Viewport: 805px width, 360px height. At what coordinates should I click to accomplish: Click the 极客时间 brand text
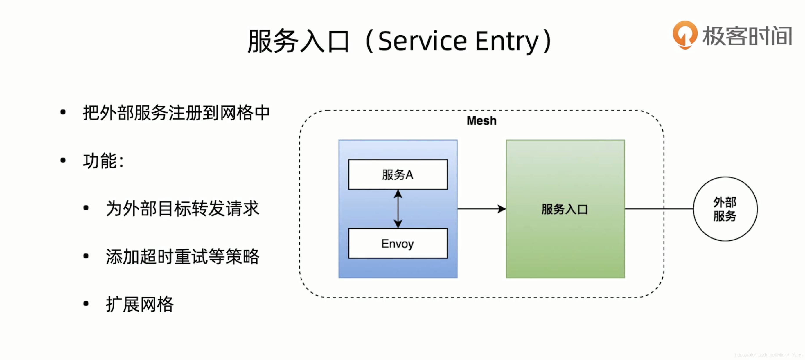tap(747, 36)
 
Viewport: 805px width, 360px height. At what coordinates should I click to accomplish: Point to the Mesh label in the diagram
tap(481, 120)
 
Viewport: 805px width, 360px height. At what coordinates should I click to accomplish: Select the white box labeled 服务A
tap(398, 174)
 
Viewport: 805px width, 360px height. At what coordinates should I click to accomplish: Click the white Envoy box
tap(398, 244)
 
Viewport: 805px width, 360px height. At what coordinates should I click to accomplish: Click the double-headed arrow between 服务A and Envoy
tap(398, 209)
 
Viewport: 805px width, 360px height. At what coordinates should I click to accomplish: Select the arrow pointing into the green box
tap(481, 209)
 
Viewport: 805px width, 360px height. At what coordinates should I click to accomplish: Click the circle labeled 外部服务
tap(725, 209)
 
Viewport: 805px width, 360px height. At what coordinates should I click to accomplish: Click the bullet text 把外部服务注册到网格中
tap(176, 113)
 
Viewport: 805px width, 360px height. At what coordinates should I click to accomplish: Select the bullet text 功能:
tap(103, 161)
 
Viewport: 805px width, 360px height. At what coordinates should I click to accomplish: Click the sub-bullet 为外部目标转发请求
tap(183, 208)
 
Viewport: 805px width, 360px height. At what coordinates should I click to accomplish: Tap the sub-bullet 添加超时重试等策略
tap(183, 257)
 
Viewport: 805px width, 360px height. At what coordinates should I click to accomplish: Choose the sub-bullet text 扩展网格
tap(140, 304)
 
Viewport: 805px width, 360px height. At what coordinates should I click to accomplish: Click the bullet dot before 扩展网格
tap(86, 303)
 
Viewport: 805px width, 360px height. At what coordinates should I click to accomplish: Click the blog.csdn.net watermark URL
tap(768, 355)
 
